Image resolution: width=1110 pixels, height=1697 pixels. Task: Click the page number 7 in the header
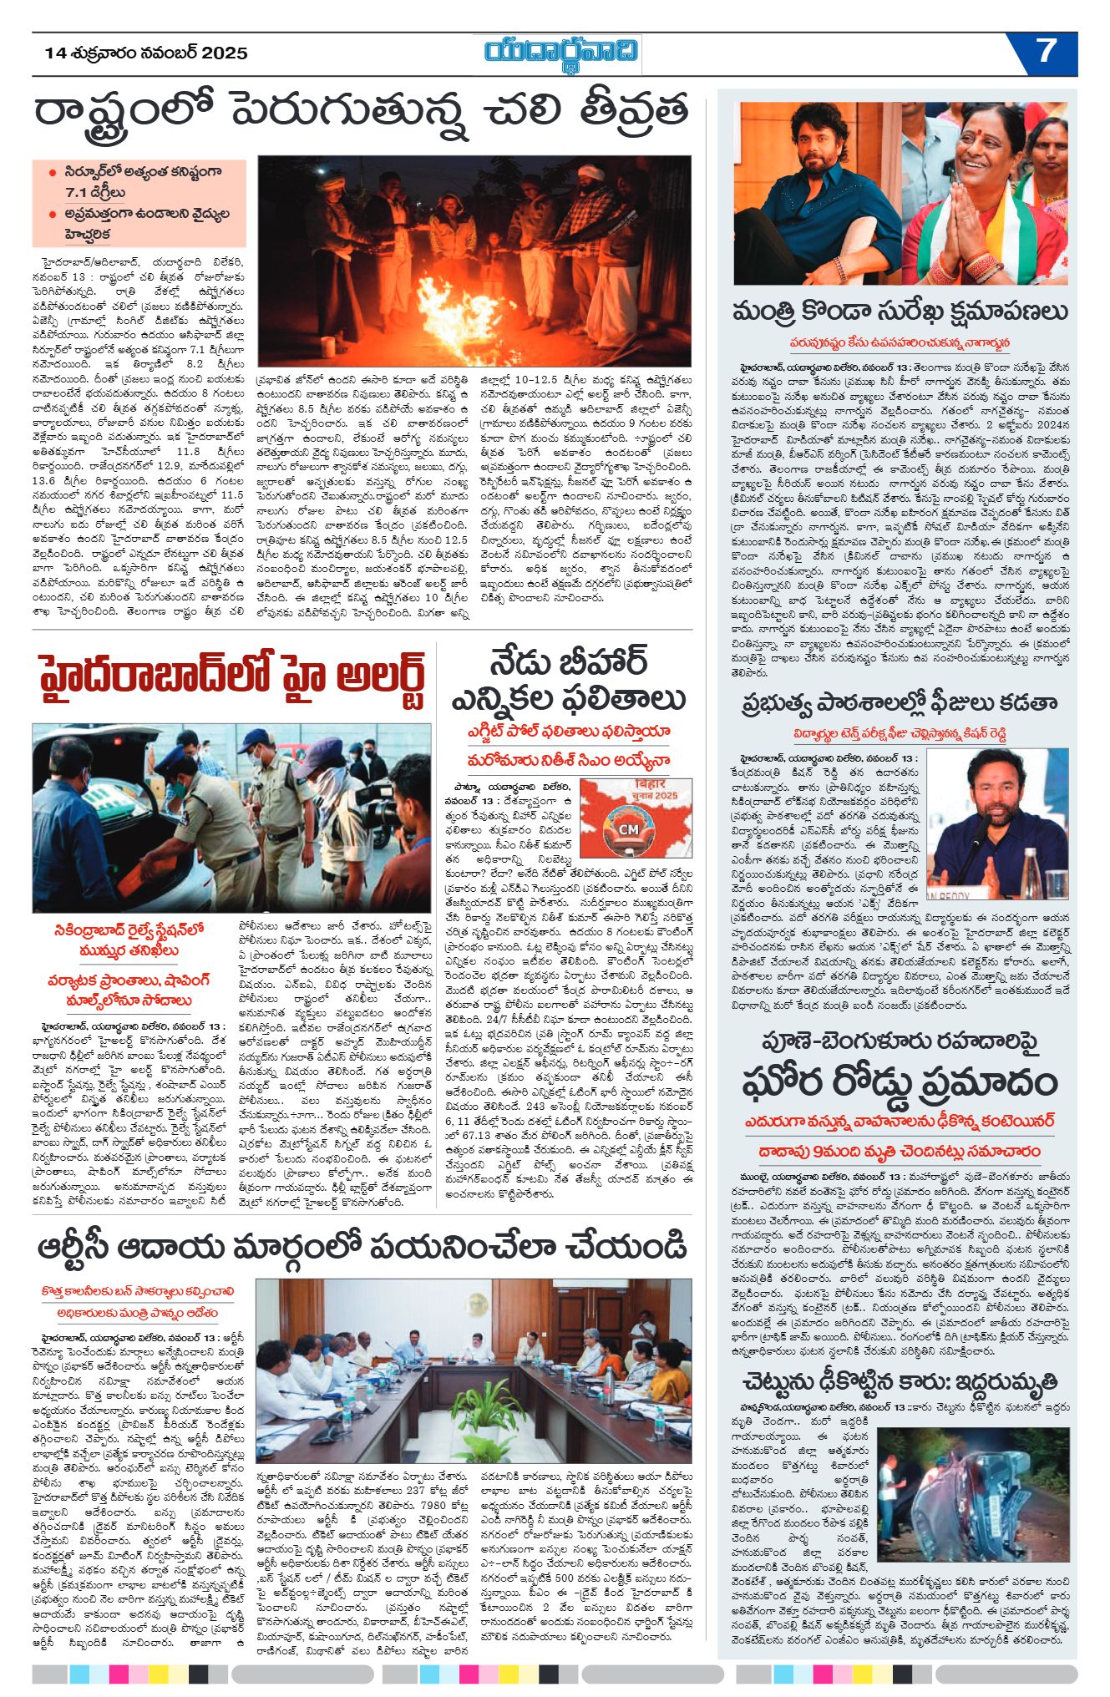click(x=1046, y=53)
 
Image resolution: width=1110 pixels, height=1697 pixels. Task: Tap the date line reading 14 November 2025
click(x=146, y=53)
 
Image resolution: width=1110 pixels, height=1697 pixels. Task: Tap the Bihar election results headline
click(x=568, y=681)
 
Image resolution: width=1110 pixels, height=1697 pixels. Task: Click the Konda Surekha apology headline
click(x=900, y=312)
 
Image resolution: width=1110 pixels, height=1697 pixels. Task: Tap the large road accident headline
click(x=900, y=1082)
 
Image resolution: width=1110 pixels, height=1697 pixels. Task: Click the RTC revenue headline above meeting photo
click(x=362, y=1246)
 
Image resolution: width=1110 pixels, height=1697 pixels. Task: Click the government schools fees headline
click(x=900, y=704)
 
